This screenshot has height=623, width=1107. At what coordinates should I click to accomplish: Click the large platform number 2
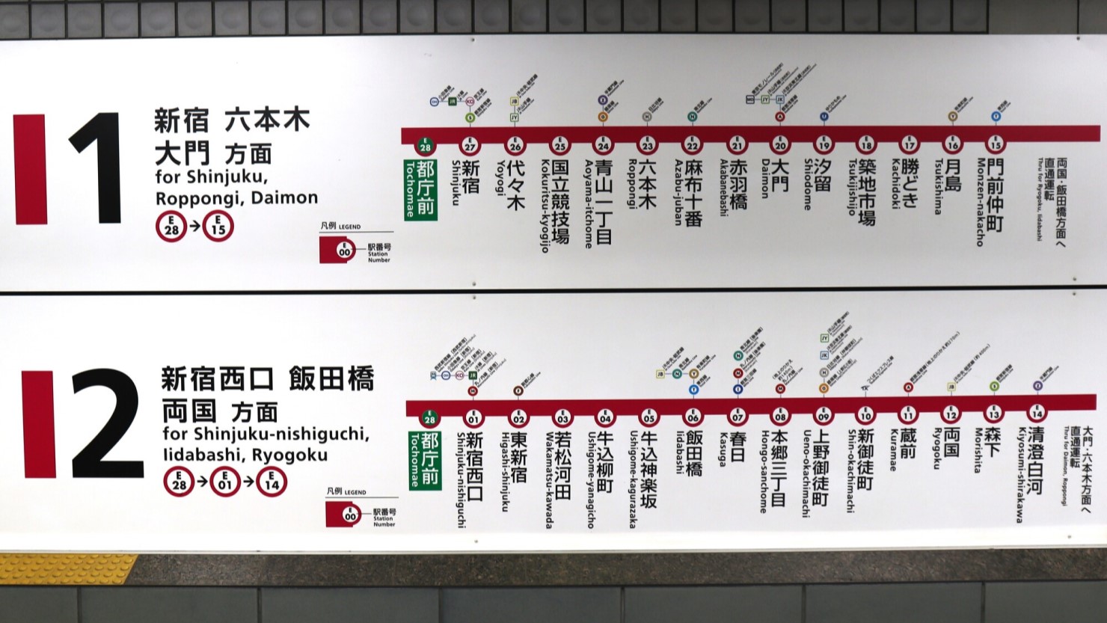pos(107,423)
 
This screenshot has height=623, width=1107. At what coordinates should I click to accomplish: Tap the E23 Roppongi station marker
pos(648,144)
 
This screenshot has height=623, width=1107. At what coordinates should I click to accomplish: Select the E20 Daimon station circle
pos(780,144)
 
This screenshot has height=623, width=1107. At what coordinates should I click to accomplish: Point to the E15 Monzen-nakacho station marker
pos(995,144)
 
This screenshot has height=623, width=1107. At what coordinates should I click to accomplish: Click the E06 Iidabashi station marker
pos(693,417)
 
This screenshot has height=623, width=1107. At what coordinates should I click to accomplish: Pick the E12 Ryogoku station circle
pos(951,414)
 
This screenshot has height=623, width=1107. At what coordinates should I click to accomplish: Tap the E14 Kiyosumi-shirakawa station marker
pos(1037,413)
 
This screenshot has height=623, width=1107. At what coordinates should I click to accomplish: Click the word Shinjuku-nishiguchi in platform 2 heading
pos(265,435)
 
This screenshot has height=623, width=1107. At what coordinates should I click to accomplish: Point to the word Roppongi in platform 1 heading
pos(190,198)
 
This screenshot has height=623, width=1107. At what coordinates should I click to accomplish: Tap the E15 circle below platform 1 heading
pos(218,226)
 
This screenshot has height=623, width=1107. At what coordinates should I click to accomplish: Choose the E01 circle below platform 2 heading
pos(225,482)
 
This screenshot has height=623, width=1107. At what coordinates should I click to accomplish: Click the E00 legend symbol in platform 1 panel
pos(343,251)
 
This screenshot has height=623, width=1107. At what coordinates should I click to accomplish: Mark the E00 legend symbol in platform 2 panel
pos(350,515)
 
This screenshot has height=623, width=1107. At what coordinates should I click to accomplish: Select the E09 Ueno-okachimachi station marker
pos(824,415)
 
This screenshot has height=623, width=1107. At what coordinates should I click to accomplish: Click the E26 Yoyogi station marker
pos(515,145)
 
